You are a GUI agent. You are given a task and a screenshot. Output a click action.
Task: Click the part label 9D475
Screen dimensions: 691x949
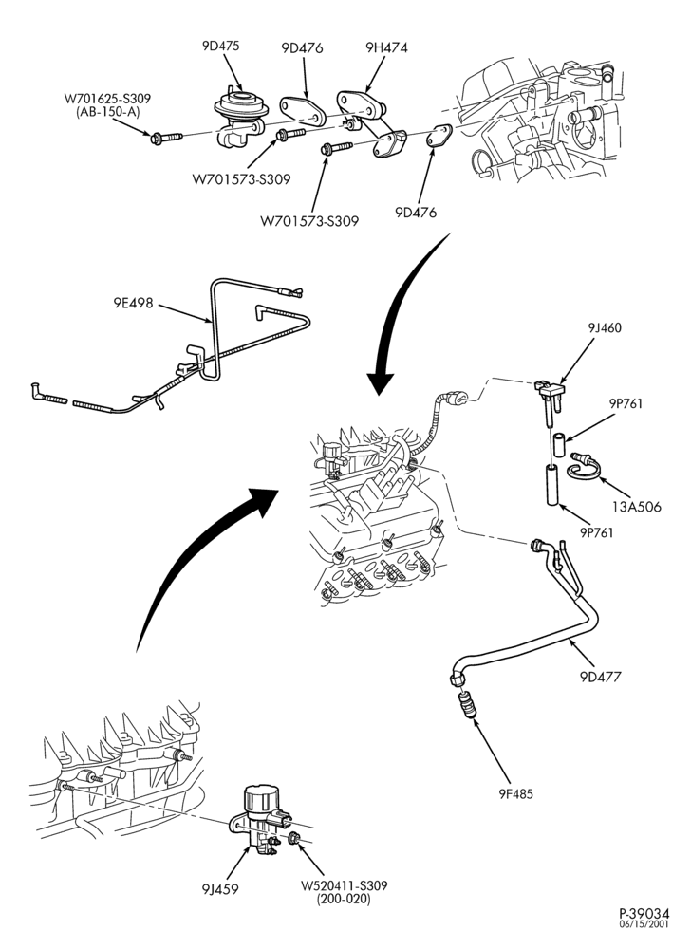pyautogui.click(x=221, y=46)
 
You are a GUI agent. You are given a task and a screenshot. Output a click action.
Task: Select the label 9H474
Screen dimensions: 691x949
pyautogui.click(x=386, y=47)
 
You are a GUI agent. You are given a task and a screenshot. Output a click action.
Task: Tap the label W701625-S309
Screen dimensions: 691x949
pyautogui.click(x=107, y=98)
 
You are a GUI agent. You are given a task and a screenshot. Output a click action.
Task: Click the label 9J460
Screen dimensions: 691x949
pyautogui.click(x=605, y=328)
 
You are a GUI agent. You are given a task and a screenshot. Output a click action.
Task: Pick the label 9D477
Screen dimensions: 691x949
pyautogui.click(x=600, y=676)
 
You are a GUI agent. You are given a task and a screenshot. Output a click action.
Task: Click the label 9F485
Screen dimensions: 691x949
pyautogui.click(x=516, y=792)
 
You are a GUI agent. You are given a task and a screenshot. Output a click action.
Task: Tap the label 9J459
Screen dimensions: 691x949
pyautogui.click(x=220, y=888)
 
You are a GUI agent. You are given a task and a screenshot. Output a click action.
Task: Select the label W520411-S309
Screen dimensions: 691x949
pyautogui.click(x=344, y=885)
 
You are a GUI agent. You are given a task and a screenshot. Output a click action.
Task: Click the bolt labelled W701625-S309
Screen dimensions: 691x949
pyautogui.click(x=166, y=138)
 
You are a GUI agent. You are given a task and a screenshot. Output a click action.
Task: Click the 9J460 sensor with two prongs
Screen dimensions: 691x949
pyautogui.click(x=550, y=397)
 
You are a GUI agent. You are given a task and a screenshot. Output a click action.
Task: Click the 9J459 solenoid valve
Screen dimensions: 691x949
pyautogui.click(x=261, y=816)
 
